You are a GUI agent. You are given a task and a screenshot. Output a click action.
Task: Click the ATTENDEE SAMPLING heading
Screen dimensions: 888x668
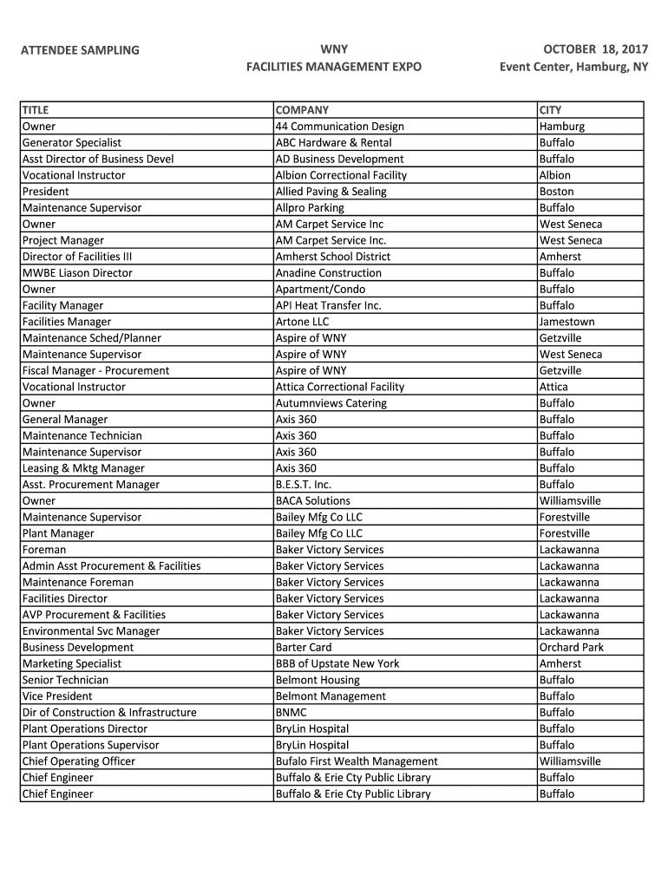[x=80, y=50]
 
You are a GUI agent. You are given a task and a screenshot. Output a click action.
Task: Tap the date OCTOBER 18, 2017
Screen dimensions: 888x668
[x=595, y=49]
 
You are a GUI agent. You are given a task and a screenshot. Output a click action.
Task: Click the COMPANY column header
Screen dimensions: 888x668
[x=302, y=110]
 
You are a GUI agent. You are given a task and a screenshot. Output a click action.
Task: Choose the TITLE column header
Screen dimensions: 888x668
[x=36, y=110]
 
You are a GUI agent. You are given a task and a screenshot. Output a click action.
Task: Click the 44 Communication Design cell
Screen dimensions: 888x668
[x=339, y=127]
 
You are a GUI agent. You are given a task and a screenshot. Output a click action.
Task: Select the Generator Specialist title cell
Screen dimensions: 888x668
[x=72, y=143]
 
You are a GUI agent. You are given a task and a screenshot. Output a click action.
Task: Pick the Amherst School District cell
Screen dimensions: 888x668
[x=333, y=257]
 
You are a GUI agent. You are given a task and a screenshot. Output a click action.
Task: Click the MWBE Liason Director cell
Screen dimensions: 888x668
[x=77, y=273]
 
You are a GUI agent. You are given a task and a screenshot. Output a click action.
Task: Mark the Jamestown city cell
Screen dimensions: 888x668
[x=566, y=322]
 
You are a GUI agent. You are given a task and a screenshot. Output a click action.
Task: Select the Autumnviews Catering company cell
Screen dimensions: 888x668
[x=331, y=403]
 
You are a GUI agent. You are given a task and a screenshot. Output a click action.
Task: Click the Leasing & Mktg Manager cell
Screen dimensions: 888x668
[x=83, y=468]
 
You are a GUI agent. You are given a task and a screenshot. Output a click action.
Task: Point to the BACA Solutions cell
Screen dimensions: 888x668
[x=313, y=501]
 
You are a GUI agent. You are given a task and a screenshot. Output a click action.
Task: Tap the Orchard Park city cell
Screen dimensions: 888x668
[x=571, y=648]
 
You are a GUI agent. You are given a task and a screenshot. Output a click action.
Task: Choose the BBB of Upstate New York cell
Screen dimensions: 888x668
[x=337, y=663]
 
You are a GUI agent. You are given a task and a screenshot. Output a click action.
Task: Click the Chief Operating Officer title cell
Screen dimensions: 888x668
[x=79, y=761]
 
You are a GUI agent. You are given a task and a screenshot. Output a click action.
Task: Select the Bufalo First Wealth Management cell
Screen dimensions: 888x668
[x=357, y=761]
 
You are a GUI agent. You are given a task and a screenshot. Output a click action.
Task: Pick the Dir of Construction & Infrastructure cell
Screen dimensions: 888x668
[x=109, y=713]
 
